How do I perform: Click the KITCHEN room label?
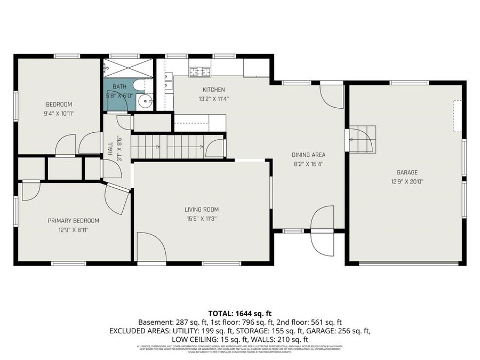click(x=213, y=90)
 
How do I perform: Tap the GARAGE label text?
click(x=406, y=172)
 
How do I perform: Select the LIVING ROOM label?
click(x=202, y=210)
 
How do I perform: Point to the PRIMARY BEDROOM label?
click(x=73, y=221)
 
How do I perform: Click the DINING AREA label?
click(x=308, y=155)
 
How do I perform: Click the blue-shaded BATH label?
click(x=119, y=86)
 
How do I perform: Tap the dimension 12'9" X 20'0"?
click(x=406, y=181)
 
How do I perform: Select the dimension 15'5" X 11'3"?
click(x=202, y=218)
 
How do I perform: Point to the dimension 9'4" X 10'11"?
click(x=59, y=113)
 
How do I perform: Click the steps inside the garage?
click(x=363, y=139)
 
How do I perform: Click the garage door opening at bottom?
click(x=409, y=262)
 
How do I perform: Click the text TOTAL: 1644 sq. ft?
click(x=240, y=313)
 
